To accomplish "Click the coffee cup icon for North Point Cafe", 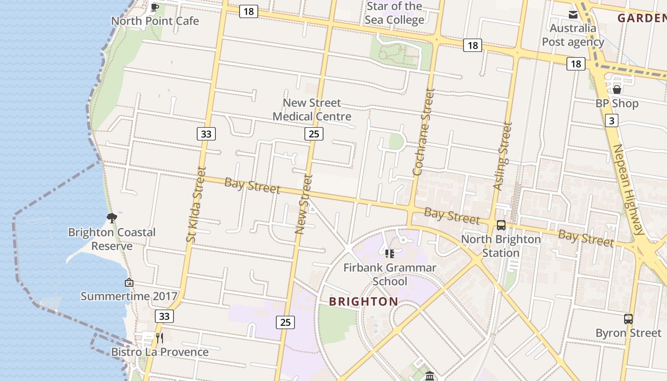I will [x=155, y=7].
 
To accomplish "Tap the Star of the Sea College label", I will [x=394, y=13].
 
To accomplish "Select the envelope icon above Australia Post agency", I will [x=573, y=15].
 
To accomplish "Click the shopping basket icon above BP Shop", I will [x=617, y=90].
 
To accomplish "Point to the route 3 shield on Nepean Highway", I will [x=612, y=120].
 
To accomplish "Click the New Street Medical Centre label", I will [x=312, y=110].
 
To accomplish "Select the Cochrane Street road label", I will [x=424, y=132].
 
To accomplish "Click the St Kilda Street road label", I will [x=197, y=204].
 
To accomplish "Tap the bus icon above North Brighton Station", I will [x=501, y=225].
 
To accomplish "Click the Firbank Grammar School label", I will [x=390, y=274].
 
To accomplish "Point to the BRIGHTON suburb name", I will [x=364, y=301].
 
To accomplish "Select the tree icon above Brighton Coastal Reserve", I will [x=112, y=218].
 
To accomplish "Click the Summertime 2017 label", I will [x=129, y=296].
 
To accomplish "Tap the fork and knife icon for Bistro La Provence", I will [x=160, y=338].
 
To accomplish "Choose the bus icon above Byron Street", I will [x=628, y=319].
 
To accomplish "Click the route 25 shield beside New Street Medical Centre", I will [x=313, y=134].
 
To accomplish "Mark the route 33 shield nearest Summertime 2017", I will [x=164, y=316].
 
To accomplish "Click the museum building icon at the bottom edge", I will [x=430, y=376].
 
